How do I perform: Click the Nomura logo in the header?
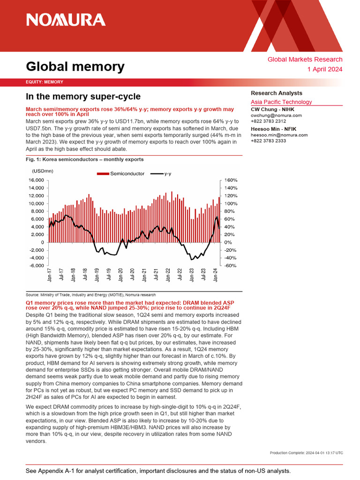tap(66, 20)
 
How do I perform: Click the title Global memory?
tap(75, 67)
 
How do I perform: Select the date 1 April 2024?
tap(325, 69)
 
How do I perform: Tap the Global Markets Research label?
tap(305, 60)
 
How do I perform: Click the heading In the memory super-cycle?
tap(83, 97)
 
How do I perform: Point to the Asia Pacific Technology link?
tap(281, 102)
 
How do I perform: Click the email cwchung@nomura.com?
tap(276, 115)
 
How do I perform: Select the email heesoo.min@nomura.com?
tap(279, 135)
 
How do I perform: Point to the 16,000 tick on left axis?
tap(36, 180)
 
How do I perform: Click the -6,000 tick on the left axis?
tap(37, 266)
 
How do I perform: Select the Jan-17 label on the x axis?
tap(50, 276)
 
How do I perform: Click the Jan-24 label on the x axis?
tap(216, 276)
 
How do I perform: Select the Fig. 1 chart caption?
tap(84, 159)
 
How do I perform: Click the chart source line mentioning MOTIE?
tap(90, 295)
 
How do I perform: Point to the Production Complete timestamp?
tap(307, 452)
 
